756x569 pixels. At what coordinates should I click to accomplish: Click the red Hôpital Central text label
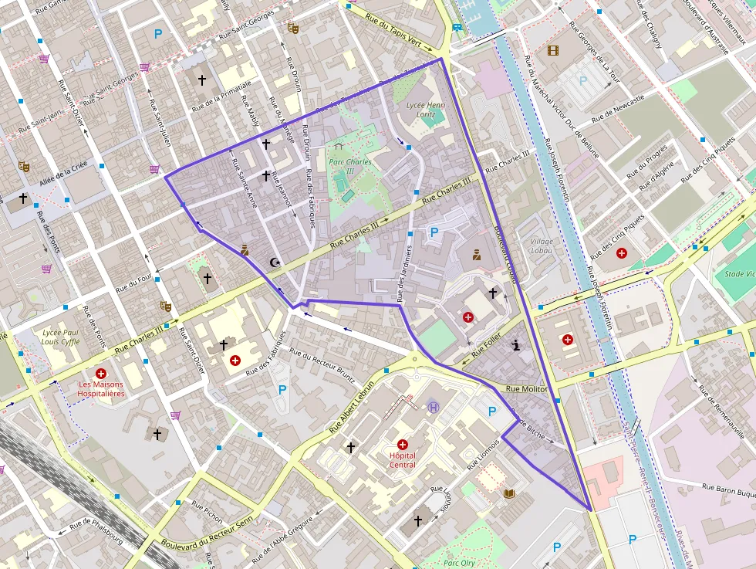[402, 460]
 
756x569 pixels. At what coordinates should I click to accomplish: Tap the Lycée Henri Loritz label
[426, 110]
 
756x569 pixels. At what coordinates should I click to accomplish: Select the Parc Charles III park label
[349, 166]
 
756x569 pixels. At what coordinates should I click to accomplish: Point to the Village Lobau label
[542, 246]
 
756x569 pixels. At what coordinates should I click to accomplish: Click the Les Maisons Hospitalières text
[101, 388]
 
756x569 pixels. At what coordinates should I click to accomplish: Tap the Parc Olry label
[459, 563]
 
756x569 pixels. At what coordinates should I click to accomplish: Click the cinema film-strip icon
[552, 51]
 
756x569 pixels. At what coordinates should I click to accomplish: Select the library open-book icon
[508, 493]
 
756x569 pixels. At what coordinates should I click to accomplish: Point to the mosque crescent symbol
[273, 262]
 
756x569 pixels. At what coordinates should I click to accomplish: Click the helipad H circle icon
[434, 407]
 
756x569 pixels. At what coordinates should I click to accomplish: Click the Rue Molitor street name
[527, 390]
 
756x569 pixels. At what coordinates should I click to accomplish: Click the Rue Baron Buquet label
[728, 489]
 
